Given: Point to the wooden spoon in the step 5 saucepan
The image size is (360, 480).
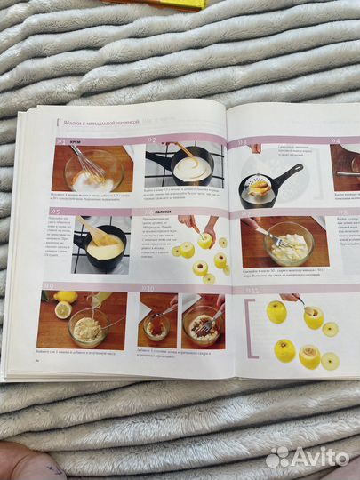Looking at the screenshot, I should (x=98, y=232).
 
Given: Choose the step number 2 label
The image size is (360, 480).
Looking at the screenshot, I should (x=152, y=140).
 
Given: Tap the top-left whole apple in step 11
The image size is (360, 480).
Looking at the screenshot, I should (x=276, y=311).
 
